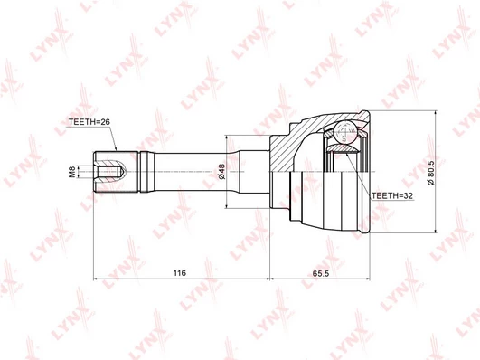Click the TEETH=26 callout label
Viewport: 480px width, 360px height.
[x=89, y=122]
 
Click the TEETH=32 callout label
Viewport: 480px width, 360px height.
[x=392, y=195]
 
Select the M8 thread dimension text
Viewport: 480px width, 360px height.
[x=72, y=172]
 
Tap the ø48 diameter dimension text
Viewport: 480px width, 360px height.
[x=221, y=172]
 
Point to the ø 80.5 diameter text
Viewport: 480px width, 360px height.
[x=431, y=172]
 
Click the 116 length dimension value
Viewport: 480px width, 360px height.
[x=179, y=272]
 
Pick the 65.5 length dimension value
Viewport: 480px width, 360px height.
[x=321, y=273]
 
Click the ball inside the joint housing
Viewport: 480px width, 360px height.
[x=345, y=132]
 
